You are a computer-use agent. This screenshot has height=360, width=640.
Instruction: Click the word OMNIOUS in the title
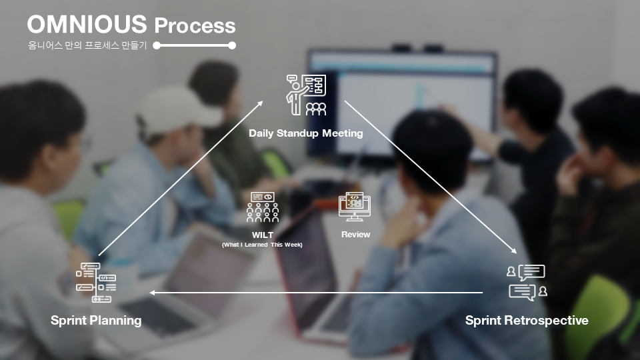click(87, 24)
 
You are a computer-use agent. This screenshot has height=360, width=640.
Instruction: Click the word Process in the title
click(195, 25)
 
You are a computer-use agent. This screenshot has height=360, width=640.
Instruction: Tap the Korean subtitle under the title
click(87, 45)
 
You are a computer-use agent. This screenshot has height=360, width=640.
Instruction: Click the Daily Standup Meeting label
click(306, 133)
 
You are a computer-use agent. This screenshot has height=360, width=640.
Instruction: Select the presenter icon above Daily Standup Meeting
click(306, 95)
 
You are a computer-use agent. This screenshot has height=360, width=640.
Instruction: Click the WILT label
click(263, 235)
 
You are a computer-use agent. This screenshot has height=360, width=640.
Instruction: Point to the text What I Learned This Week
click(262, 245)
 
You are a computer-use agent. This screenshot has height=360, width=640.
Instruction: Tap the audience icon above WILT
click(263, 207)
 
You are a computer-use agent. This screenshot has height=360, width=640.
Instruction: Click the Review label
click(355, 235)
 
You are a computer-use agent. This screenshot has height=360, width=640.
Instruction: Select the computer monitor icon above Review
click(355, 207)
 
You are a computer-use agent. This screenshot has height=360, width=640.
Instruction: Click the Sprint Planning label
click(96, 321)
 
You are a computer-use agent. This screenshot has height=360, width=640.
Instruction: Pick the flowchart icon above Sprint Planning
click(96, 283)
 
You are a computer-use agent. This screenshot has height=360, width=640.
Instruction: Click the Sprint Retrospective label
click(527, 321)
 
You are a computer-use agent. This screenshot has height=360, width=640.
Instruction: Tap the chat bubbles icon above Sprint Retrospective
click(527, 283)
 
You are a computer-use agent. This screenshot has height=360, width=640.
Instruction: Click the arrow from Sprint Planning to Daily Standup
click(181, 179)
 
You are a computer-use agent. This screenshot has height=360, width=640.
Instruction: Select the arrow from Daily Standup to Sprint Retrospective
click(431, 177)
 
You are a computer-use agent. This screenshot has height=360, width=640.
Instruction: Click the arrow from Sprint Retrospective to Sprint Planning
click(316, 293)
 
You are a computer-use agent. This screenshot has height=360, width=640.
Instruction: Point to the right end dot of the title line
click(232, 45)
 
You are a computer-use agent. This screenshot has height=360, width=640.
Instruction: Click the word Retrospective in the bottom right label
click(547, 321)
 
